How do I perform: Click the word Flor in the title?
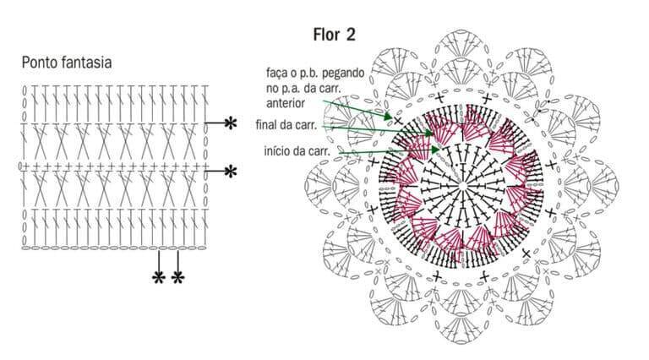(x=326, y=35)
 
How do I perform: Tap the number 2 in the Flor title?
(x=351, y=35)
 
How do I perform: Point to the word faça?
(x=276, y=74)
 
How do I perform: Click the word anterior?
(x=285, y=102)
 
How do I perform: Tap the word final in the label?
(x=266, y=124)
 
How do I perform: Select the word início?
(x=275, y=150)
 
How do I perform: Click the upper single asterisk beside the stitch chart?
(x=230, y=123)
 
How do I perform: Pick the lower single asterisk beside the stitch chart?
(x=230, y=172)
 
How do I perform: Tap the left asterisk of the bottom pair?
(x=159, y=278)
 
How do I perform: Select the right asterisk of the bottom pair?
(x=177, y=278)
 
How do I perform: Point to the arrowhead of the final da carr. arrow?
(x=428, y=134)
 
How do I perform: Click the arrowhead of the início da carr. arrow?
(x=435, y=150)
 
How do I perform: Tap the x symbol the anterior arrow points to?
(x=397, y=121)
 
